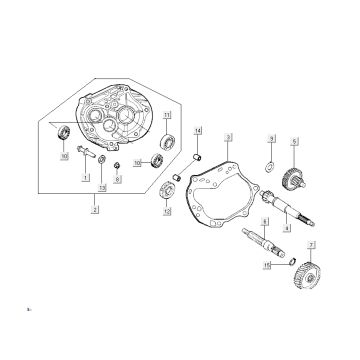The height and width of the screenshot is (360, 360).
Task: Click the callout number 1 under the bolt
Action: [87, 176]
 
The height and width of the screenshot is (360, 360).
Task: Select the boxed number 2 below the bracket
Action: [94, 210]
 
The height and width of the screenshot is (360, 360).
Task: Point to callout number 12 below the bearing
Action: [166, 213]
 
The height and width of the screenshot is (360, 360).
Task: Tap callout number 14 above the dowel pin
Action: [198, 132]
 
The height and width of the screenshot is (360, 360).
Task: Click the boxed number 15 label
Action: [266, 265]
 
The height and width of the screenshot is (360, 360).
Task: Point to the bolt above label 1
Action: [87, 156]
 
